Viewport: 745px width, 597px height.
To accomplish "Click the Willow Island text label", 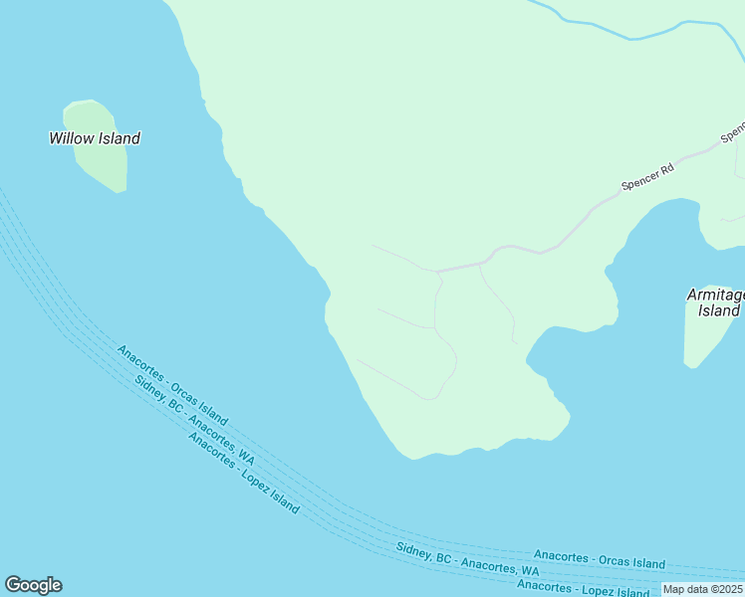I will tap(95, 138).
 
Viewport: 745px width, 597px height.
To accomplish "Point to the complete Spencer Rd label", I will tap(647, 177).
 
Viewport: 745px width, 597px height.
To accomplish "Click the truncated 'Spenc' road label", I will tap(733, 131).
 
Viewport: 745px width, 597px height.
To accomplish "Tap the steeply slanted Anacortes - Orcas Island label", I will tap(172, 385).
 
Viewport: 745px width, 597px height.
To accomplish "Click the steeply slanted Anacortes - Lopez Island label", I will tap(243, 474).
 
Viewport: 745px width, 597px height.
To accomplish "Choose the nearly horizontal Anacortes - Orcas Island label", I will tap(599, 558).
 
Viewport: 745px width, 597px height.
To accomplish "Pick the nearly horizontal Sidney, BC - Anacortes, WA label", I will tap(467, 559).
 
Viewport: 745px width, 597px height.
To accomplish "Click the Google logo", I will tap(33, 585).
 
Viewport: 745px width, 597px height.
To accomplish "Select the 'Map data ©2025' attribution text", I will tap(703, 589).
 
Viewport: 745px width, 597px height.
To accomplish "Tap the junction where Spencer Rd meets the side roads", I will tap(438, 271).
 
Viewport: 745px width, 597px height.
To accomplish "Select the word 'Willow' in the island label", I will tap(71, 138).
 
